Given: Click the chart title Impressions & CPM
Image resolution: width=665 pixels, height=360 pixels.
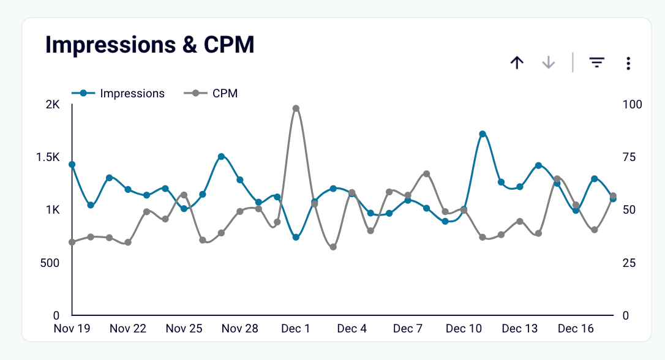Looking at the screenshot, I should coord(149,45).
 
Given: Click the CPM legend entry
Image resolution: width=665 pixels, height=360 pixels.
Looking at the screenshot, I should coord(211,94).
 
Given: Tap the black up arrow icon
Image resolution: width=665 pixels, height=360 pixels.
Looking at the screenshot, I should coord(517,62).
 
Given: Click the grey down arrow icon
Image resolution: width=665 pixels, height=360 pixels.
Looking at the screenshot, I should coord(549,62).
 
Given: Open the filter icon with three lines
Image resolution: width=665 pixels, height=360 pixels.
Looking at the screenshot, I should coord(596,62).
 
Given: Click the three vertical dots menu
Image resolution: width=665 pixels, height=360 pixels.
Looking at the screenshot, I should coord(628,62).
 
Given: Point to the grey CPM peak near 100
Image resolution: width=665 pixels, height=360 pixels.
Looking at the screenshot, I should coord(296,108).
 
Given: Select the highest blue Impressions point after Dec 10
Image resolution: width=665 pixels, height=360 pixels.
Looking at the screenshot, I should coord(483,133).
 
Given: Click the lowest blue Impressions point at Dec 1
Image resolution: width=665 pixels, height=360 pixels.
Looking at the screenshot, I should coord(296,237).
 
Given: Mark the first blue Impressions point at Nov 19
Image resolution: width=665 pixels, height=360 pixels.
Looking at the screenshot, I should coord(72,165).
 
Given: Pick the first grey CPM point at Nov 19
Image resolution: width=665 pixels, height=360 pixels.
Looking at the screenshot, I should coord(72,242).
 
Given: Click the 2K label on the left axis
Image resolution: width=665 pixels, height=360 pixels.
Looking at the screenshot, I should coord(52,105).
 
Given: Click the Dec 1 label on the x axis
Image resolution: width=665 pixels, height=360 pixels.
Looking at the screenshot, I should coord(296,329).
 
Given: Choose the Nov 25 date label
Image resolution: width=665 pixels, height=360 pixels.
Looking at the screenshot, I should coord(184,329).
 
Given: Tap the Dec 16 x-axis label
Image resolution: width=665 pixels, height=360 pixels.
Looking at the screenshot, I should coord(576,329).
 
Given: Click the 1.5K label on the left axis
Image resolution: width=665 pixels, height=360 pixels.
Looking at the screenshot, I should coord(48,157).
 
